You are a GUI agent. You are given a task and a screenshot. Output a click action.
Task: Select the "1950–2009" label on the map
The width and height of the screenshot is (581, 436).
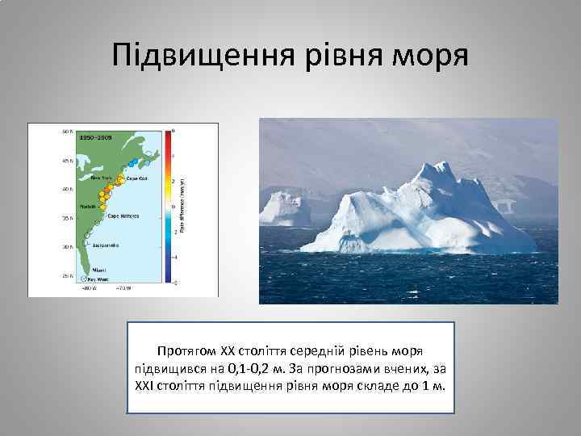pyautogui.click(x=94, y=138)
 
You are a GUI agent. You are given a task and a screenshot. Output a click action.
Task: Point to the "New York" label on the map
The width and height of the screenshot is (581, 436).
pyautogui.click(x=101, y=177)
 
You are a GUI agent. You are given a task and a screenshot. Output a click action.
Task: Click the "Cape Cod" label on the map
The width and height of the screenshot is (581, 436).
pyautogui.click(x=136, y=178)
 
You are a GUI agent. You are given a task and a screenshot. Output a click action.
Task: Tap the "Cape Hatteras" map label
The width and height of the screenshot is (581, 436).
pyautogui.click(x=123, y=215)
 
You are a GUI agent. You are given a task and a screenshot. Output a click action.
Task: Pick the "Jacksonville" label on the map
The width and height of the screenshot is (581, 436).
pyautogui.click(x=106, y=242)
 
